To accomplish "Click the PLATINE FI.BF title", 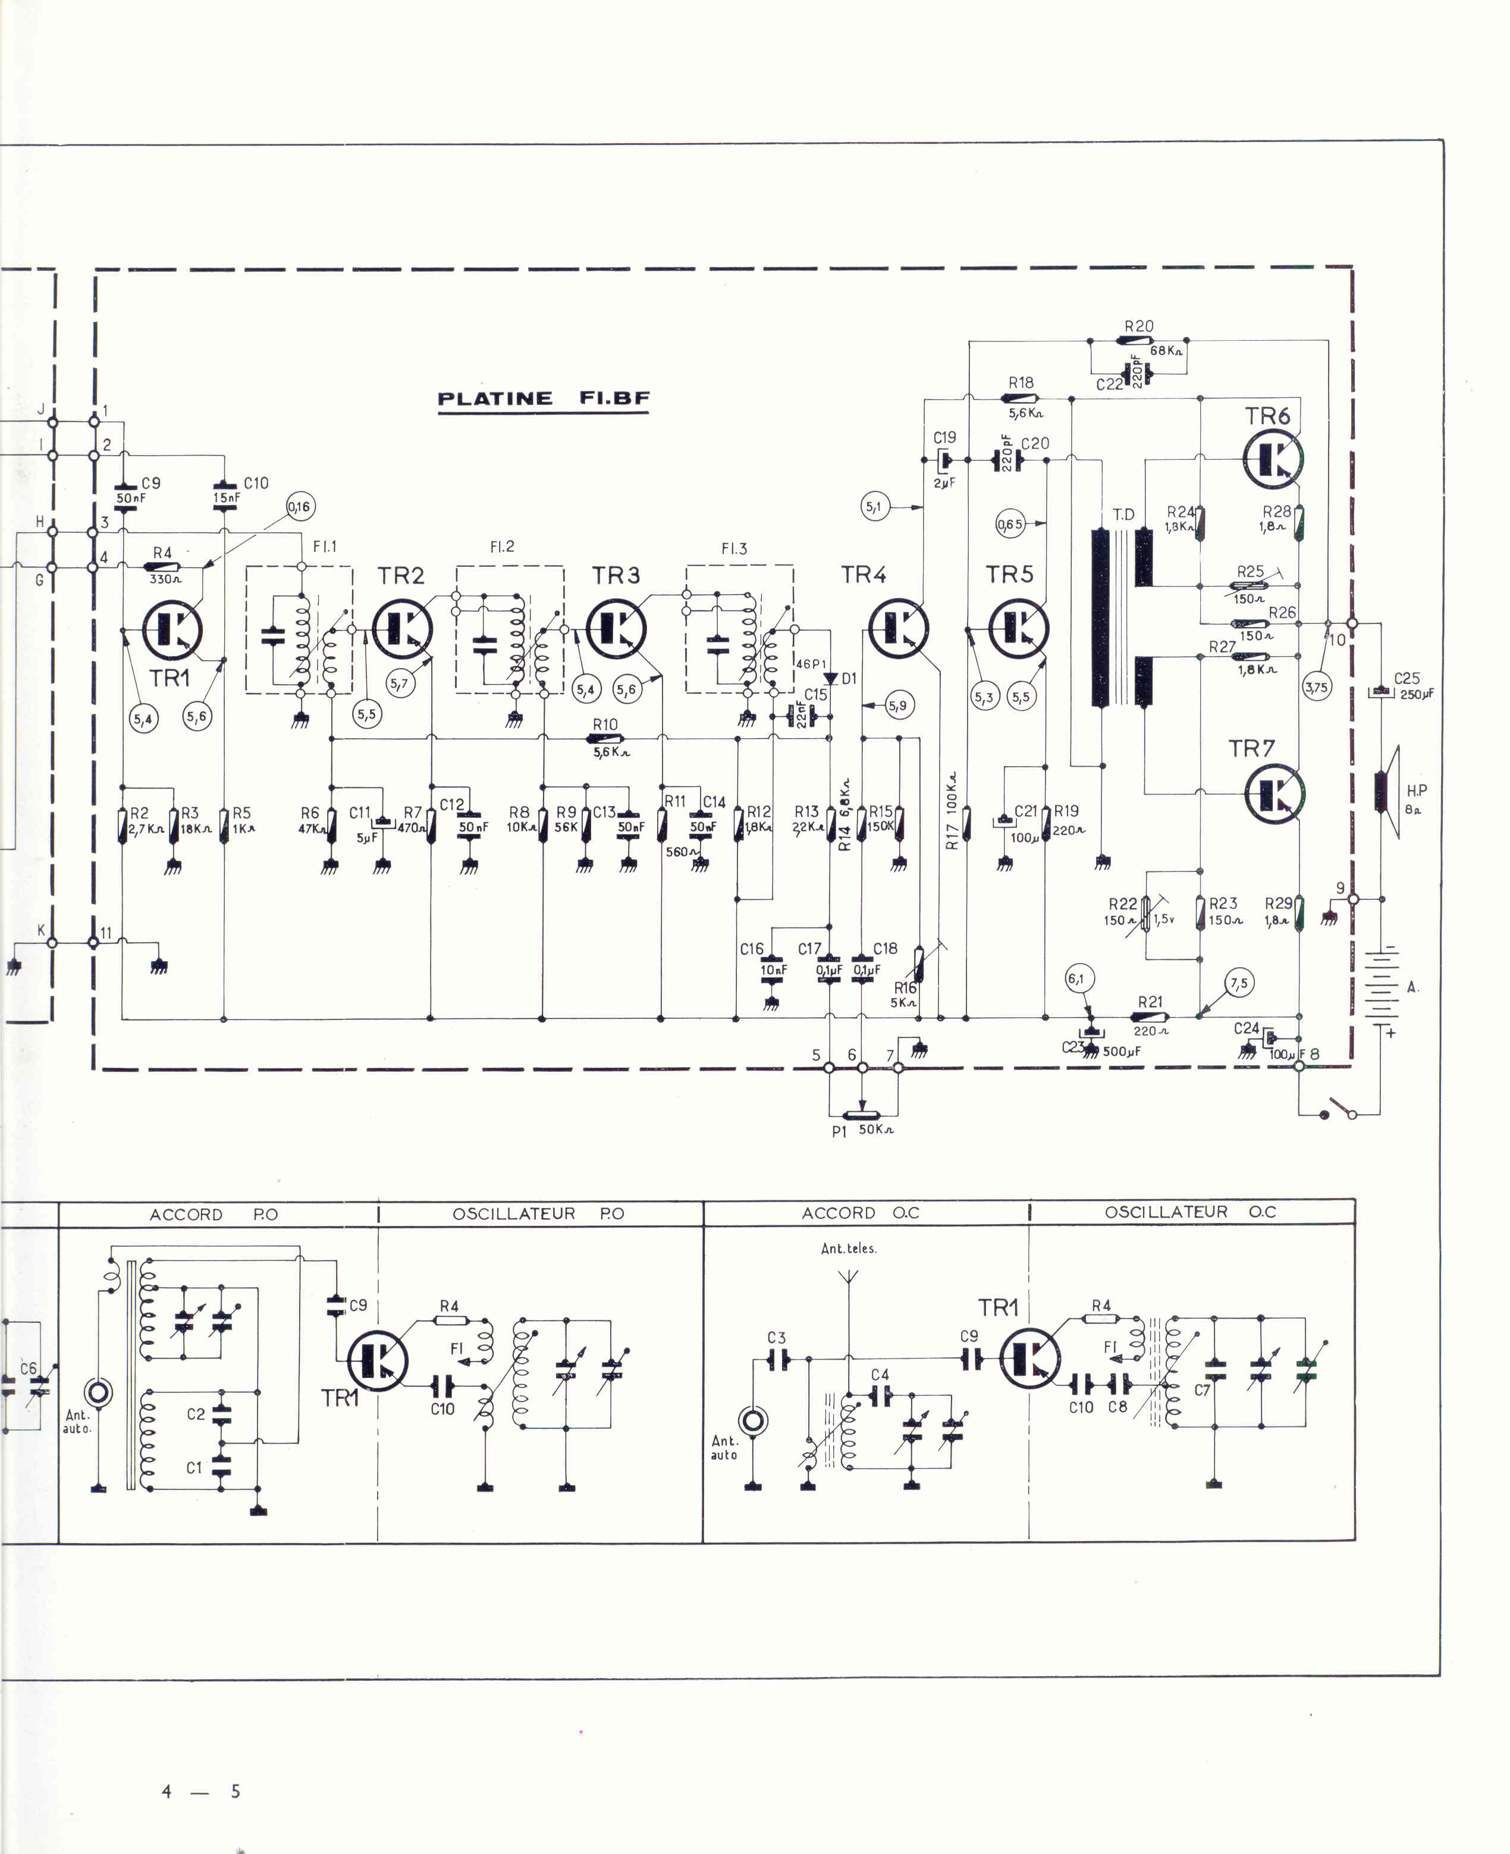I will pyautogui.click(x=544, y=399).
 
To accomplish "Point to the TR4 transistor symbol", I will pyautogui.click(x=899, y=628).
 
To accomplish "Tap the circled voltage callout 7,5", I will pyautogui.click(x=1239, y=984).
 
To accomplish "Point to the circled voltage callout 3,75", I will pyautogui.click(x=1317, y=688).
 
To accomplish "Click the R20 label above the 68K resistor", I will pyautogui.click(x=1138, y=327).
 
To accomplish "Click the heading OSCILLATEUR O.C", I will pyautogui.click(x=1190, y=1212).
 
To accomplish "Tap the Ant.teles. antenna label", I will pyautogui.click(x=848, y=1248).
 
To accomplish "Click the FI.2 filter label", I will pyautogui.click(x=502, y=547).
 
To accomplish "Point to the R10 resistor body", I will pyautogui.click(x=606, y=739).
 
